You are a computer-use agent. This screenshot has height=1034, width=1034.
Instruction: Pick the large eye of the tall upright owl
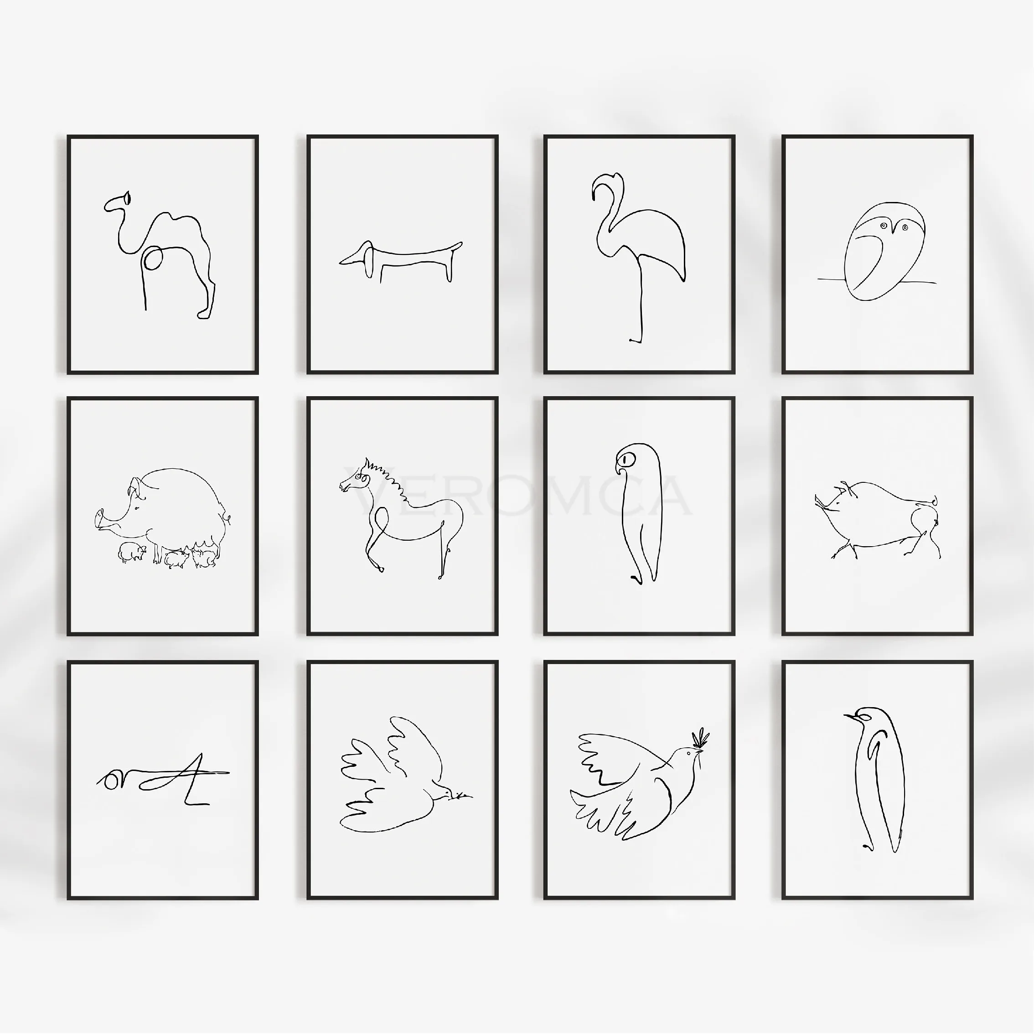coord(626,459)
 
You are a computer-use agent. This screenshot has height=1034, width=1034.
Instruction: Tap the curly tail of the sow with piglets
coord(227,517)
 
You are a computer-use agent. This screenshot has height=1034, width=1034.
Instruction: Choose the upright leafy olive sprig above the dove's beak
coord(700,739)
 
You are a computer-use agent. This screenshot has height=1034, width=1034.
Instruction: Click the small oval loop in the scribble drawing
coord(111,781)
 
